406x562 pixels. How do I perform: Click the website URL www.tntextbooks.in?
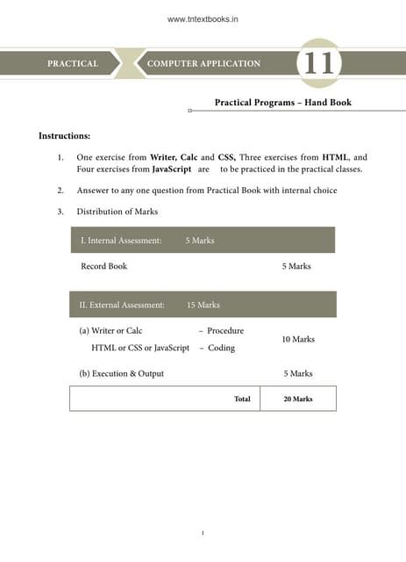pyautogui.click(x=203, y=16)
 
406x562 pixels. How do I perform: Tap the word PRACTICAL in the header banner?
pyautogui.click(x=72, y=64)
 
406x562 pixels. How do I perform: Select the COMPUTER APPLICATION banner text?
pyautogui.click(x=203, y=64)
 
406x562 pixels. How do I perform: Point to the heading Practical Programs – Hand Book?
pyautogui.click(x=282, y=103)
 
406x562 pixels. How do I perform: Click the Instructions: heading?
pyautogui.click(x=64, y=136)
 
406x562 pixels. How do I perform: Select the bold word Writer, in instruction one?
pyautogui.click(x=167, y=157)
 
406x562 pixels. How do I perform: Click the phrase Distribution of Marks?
pyautogui.click(x=117, y=212)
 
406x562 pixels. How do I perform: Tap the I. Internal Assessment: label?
pyautogui.click(x=121, y=241)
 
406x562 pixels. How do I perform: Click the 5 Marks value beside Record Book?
pyautogui.click(x=296, y=266)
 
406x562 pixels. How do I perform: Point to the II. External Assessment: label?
pyautogui.click(x=123, y=305)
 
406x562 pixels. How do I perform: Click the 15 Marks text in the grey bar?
pyautogui.click(x=203, y=305)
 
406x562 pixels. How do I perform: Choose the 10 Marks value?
pyautogui.click(x=298, y=339)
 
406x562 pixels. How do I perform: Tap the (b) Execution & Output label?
pyautogui.click(x=121, y=373)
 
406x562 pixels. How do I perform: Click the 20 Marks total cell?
pyautogui.click(x=298, y=399)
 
